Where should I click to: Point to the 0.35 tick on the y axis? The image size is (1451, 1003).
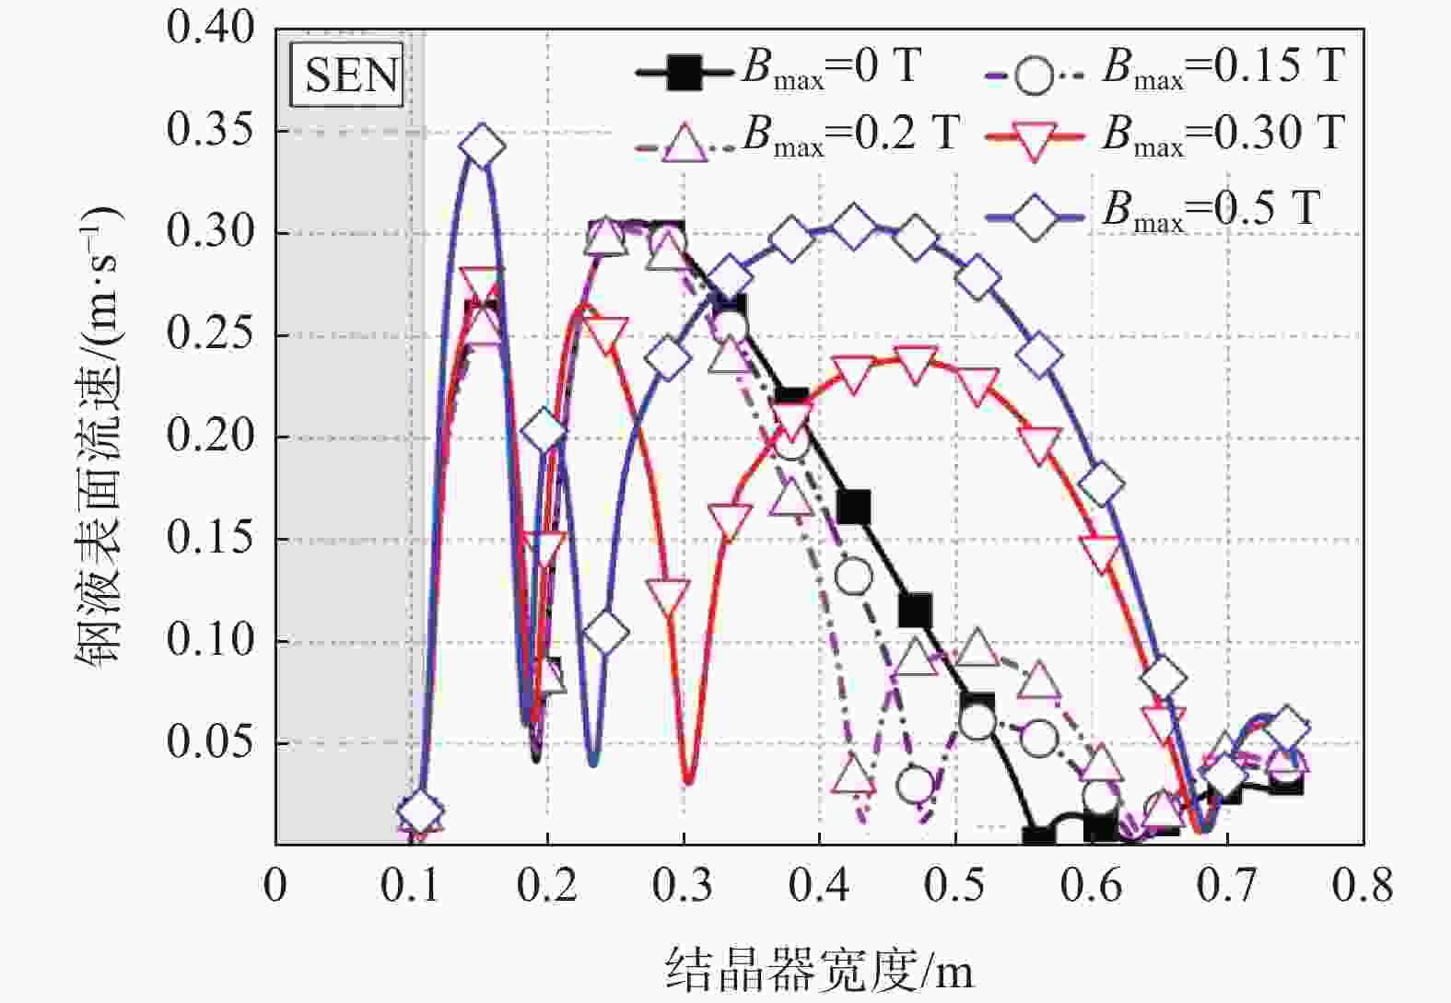[x=197, y=130]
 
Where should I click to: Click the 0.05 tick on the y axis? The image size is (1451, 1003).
[x=197, y=742]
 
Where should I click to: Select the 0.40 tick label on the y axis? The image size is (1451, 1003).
[x=197, y=29]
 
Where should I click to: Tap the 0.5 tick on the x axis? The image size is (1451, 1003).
[x=955, y=885]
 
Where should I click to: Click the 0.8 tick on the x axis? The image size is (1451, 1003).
[x=1363, y=885]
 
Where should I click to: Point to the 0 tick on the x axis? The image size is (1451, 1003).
[x=275, y=885]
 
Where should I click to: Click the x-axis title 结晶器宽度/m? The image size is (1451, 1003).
[x=819, y=970]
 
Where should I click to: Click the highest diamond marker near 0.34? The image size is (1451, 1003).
[x=483, y=146]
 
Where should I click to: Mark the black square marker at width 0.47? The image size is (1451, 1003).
[x=915, y=610]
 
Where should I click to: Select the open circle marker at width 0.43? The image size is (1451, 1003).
[x=854, y=577]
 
